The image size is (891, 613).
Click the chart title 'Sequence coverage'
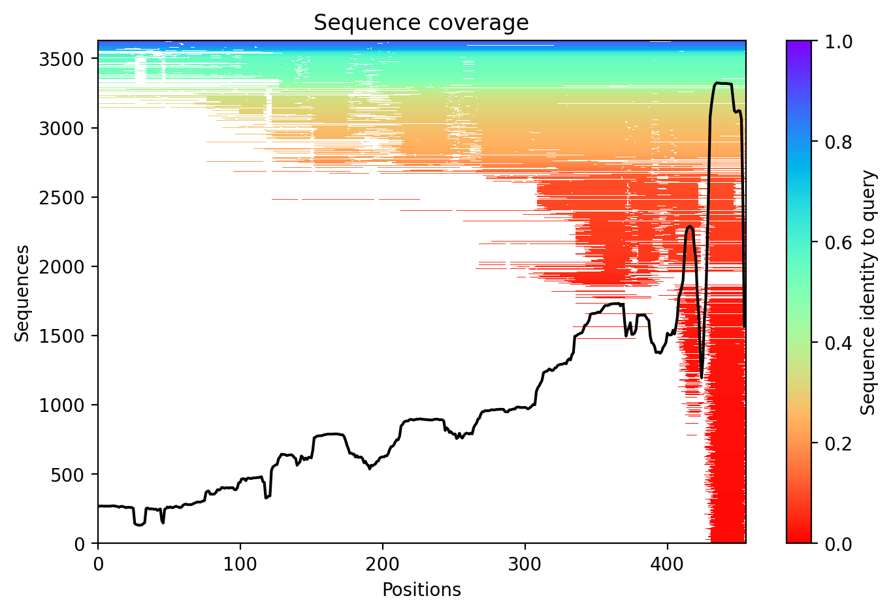point(421,23)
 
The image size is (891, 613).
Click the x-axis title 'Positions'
point(421,590)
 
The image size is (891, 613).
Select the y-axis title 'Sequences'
point(22,292)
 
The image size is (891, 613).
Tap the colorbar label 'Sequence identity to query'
point(867,292)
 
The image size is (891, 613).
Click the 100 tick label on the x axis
point(240,563)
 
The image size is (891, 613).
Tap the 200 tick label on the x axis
point(383,563)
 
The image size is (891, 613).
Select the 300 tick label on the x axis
point(525,563)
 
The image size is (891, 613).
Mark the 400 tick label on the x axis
point(668,563)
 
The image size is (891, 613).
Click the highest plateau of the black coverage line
point(723,84)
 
